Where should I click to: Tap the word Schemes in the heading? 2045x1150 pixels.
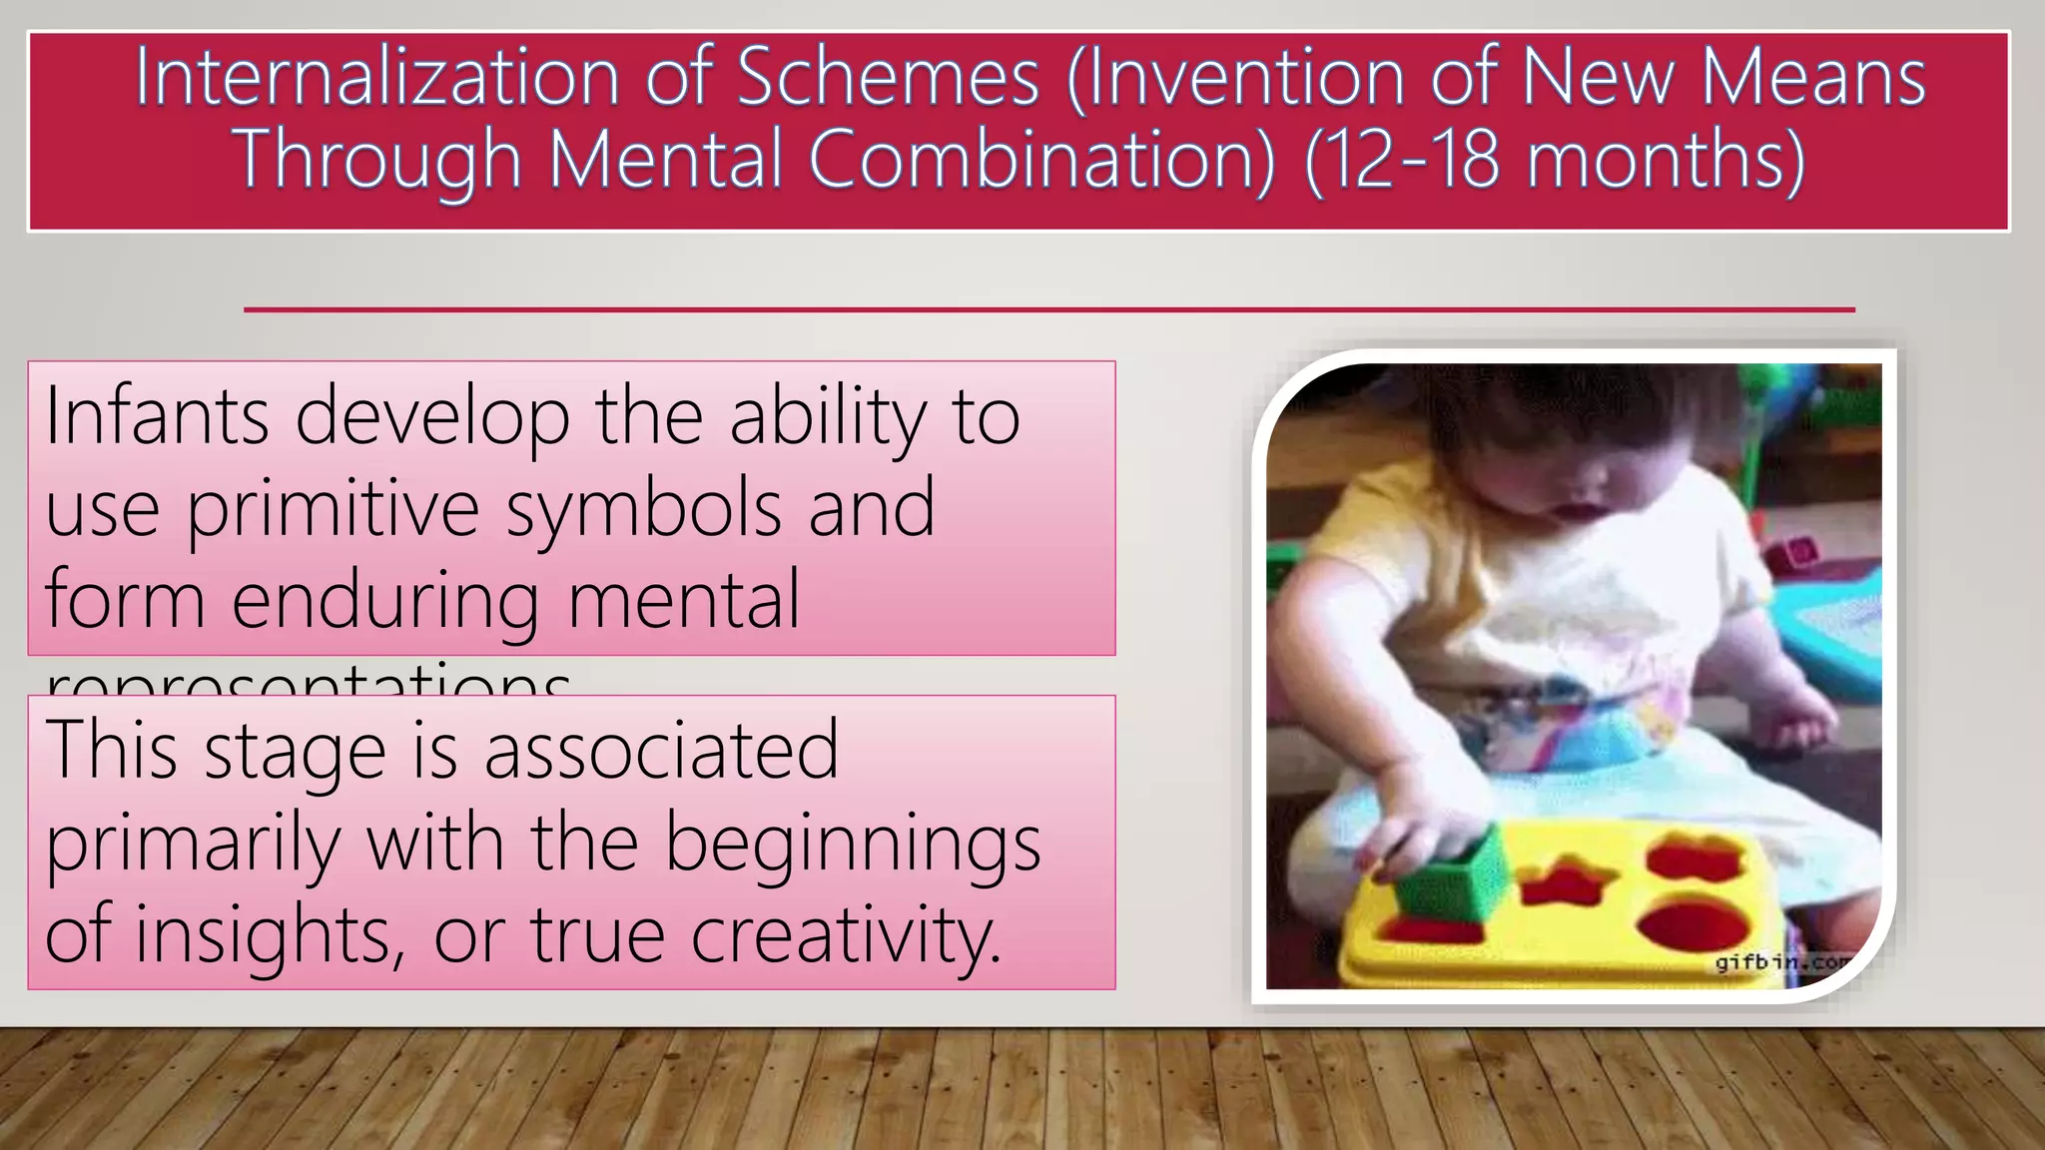(x=888, y=77)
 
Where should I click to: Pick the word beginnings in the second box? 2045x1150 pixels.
(x=853, y=845)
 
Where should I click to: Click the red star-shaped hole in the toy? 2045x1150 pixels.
(x=1564, y=883)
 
